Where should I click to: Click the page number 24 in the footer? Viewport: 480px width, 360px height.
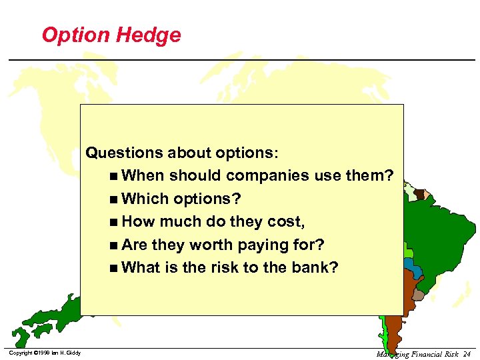(466, 353)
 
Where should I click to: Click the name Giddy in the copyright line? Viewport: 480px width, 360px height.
(73, 353)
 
